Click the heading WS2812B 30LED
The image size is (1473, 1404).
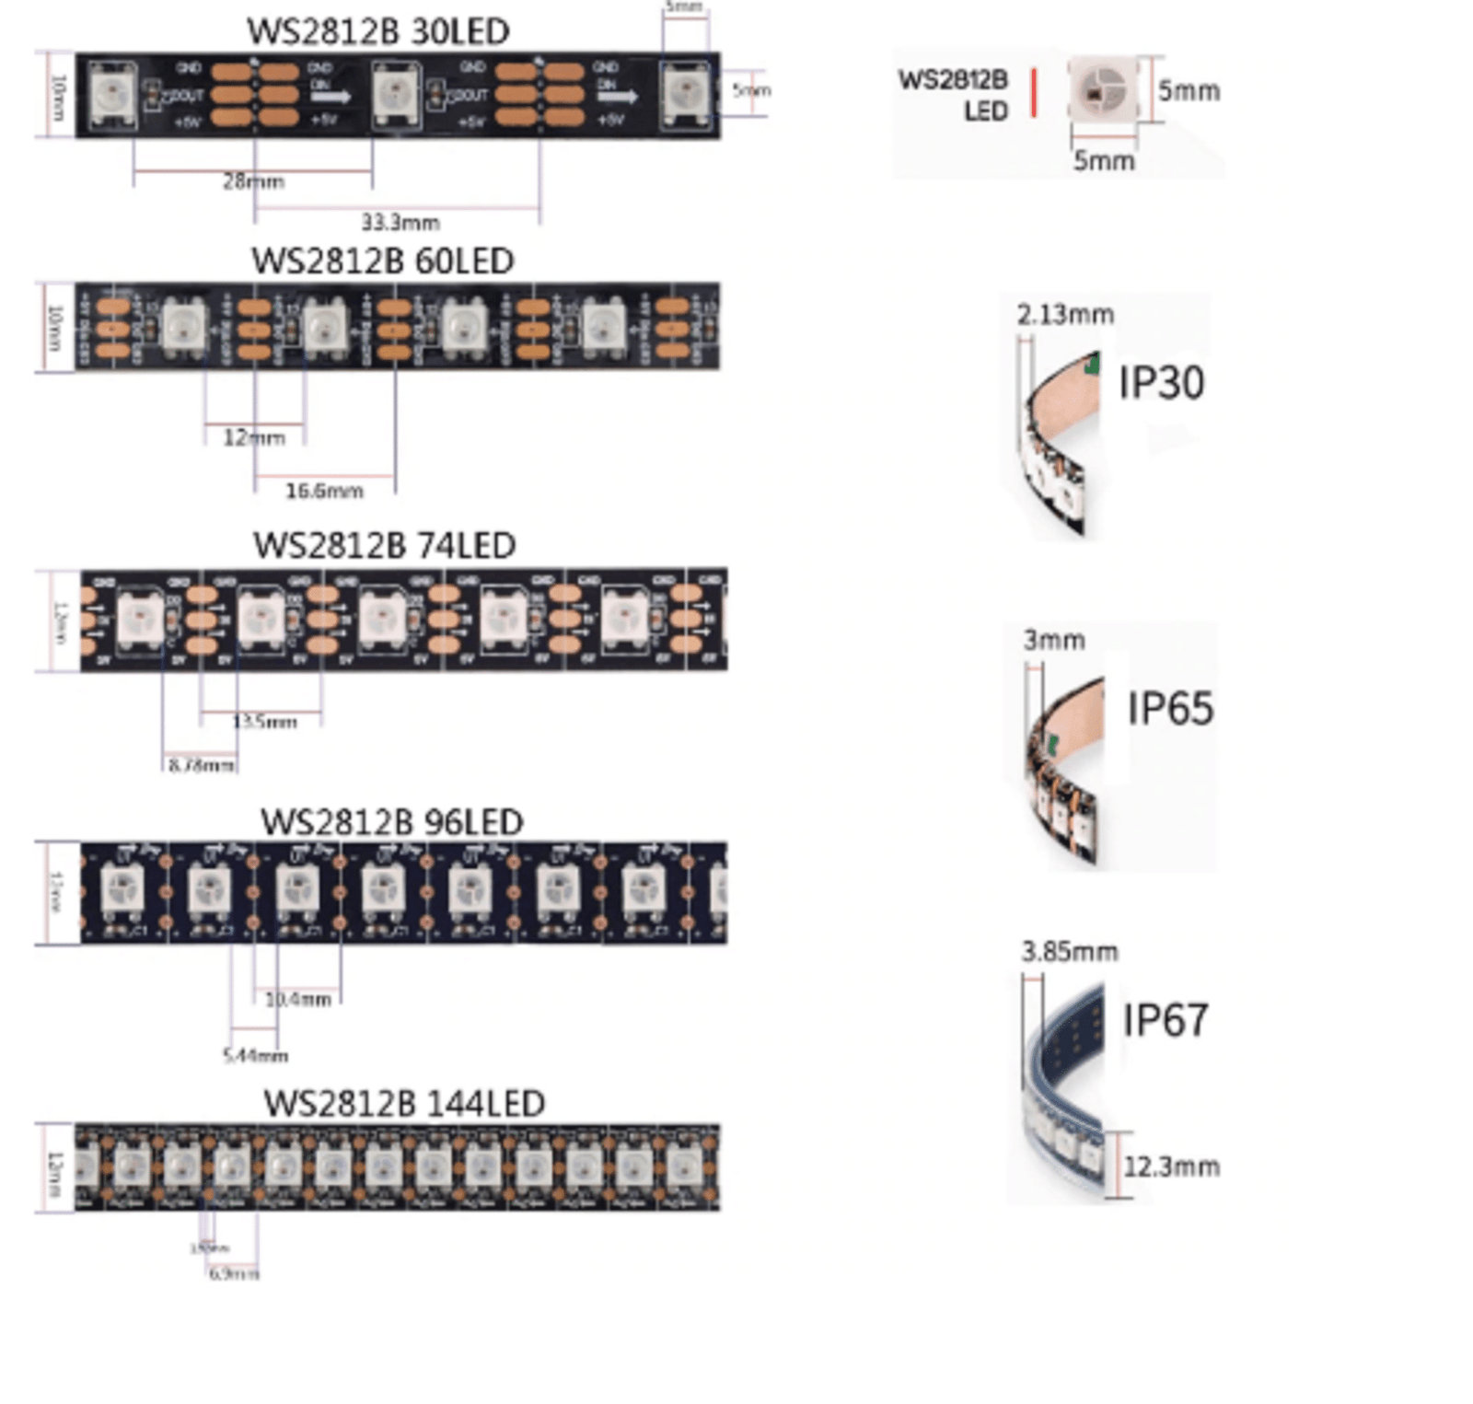(377, 31)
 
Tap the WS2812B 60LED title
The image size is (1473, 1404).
(382, 261)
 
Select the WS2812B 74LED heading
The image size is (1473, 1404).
(384, 545)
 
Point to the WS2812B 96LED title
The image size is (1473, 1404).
(391, 821)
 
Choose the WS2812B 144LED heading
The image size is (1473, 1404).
(403, 1103)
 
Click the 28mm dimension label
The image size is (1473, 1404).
(253, 181)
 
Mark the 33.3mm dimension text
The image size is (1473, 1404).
(400, 222)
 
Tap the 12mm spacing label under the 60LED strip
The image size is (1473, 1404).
(253, 437)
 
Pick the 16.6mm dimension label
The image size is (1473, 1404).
(324, 491)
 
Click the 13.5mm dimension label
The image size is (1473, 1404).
(265, 722)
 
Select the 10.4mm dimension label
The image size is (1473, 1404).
(297, 999)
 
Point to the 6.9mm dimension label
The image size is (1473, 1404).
(234, 1273)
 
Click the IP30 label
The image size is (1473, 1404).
(1161, 383)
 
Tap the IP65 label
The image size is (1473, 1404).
(1170, 708)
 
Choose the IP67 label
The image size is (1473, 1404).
(1165, 1020)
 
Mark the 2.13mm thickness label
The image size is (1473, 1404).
(1065, 315)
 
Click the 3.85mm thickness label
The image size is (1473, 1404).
(1069, 951)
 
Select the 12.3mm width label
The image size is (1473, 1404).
(1171, 1166)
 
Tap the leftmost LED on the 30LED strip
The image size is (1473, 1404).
(113, 93)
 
